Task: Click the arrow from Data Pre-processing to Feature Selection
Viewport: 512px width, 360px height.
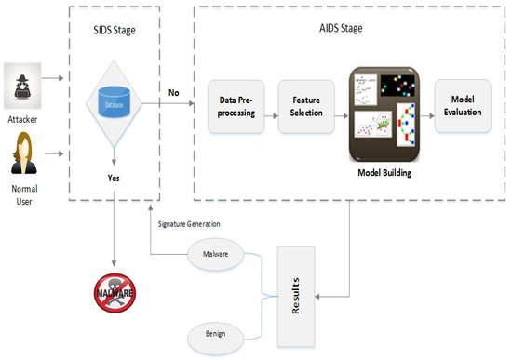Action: (277, 116)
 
